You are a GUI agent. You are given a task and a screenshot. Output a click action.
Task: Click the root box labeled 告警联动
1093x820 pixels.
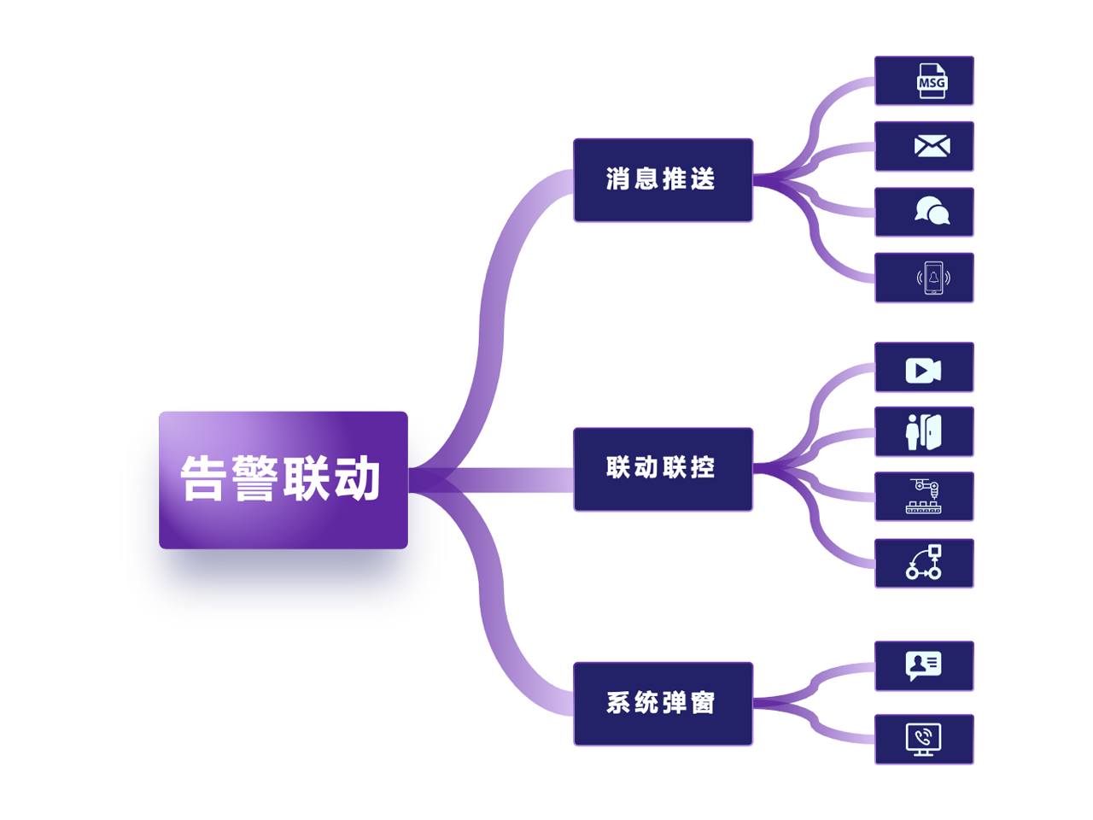click(x=283, y=479)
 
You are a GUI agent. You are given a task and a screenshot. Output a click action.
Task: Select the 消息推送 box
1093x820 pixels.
click(x=663, y=179)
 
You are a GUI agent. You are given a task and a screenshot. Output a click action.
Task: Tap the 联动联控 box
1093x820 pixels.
click(x=663, y=469)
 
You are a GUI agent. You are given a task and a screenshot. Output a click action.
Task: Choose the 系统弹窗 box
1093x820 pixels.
click(x=663, y=704)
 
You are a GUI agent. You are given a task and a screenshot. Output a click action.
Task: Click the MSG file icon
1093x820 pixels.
click(x=932, y=80)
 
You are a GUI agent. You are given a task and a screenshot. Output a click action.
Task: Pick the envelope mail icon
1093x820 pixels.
click(x=932, y=146)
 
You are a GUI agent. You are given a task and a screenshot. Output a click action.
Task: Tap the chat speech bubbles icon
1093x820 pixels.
click(x=932, y=211)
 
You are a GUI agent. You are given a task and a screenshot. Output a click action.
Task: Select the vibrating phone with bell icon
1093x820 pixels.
click(x=933, y=278)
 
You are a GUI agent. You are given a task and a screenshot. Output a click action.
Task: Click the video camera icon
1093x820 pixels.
click(x=923, y=371)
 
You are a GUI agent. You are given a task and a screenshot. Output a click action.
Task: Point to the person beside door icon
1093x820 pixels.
click(x=923, y=432)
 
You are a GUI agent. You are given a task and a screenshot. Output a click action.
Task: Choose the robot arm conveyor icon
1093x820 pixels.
click(x=923, y=496)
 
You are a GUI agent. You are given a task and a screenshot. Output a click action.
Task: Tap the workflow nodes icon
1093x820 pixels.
click(x=924, y=562)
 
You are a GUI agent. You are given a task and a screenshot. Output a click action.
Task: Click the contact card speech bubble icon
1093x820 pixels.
click(x=923, y=665)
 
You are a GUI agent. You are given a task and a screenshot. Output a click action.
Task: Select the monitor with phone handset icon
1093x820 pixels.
click(x=923, y=740)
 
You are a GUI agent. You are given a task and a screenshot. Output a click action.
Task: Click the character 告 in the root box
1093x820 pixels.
click(x=202, y=478)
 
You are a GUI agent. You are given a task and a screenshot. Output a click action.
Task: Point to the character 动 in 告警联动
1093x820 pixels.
click(x=357, y=478)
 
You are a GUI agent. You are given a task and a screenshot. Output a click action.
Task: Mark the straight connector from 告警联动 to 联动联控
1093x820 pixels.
click(x=491, y=480)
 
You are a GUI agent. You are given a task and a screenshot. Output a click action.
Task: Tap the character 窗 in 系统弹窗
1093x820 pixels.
click(x=703, y=703)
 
